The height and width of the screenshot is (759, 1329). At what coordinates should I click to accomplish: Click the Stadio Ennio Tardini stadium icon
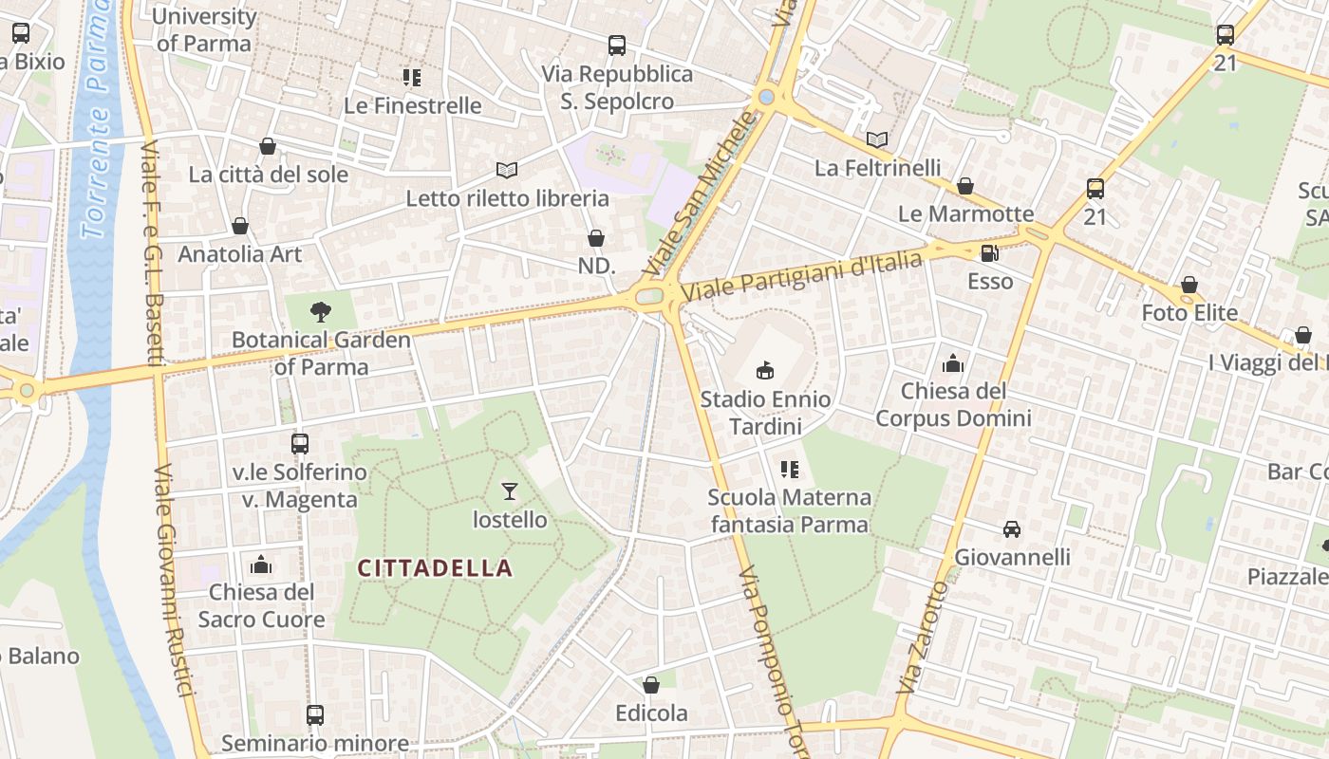(765, 369)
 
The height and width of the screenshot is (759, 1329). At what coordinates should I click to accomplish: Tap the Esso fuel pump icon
(989, 252)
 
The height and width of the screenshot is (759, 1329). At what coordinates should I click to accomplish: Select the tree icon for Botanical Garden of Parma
(321, 310)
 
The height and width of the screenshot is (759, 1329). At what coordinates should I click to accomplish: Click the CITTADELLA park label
(435, 568)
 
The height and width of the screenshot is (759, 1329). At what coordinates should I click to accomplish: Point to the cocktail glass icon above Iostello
(510, 491)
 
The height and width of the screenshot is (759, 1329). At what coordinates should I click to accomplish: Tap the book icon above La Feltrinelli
(877, 139)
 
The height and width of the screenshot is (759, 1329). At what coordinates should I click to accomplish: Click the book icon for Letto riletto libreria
(507, 170)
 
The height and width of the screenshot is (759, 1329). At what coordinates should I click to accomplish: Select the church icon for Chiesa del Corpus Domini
(952, 362)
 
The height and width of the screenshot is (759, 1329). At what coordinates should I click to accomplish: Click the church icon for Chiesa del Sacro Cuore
(261, 565)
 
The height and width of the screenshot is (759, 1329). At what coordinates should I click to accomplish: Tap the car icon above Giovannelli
(1012, 528)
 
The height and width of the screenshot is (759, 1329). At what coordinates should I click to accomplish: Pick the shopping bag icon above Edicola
(651, 684)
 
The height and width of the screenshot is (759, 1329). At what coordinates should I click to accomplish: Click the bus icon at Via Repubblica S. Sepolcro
(617, 45)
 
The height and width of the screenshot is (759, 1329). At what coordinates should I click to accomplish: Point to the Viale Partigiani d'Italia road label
(802, 275)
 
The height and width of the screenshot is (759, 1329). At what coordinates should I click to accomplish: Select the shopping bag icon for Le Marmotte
(965, 185)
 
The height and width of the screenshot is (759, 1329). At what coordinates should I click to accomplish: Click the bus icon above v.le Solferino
(300, 443)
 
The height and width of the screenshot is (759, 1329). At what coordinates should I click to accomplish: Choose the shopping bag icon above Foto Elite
(1189, 284)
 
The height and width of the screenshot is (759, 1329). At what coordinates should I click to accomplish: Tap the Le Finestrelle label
(413, 105)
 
